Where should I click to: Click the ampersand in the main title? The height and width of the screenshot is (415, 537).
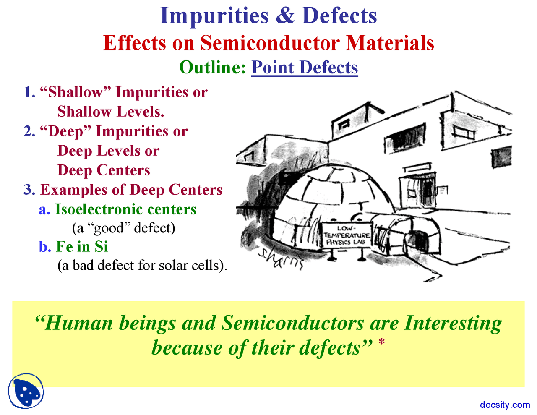[285, 16]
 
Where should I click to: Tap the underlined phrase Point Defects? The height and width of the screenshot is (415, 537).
[305, 67]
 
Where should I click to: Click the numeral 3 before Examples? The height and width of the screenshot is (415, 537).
[29, 190]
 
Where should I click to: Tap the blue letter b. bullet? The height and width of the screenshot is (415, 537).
[45, 246]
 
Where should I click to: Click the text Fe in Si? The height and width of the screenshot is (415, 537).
[82, 246]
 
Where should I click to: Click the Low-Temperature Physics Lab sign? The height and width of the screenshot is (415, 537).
[347, 235]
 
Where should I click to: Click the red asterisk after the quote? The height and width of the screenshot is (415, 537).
[381, 342]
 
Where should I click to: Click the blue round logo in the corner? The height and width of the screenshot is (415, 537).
[26, 391]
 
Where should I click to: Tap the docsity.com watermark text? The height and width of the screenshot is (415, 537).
[505, 405]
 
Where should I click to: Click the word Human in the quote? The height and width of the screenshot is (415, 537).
[79, 323]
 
